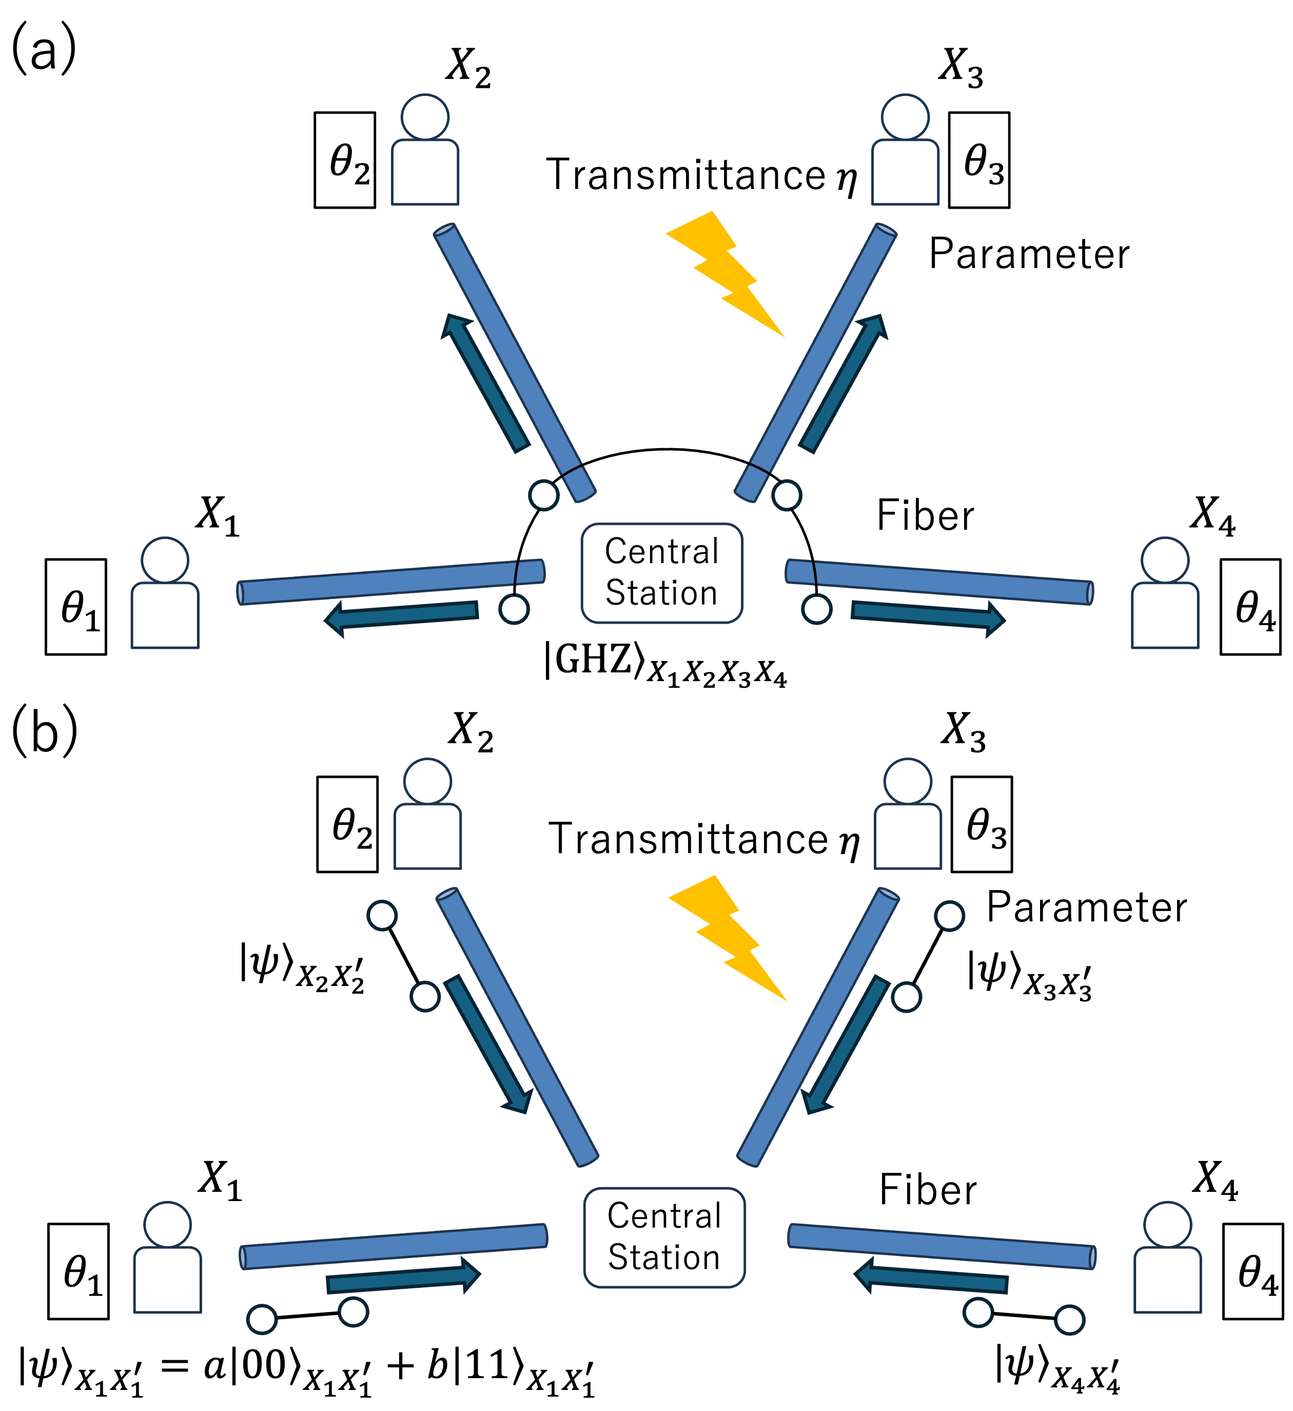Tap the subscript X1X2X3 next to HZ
pos(697,673)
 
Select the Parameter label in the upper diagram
pos(1029,255)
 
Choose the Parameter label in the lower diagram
pos(1087,909)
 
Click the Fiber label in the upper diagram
pos(926,516)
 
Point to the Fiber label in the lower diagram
pos(928,1190)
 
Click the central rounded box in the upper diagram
pos(661,572)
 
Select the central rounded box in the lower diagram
pos(664,1238)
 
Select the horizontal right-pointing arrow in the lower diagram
pos(403,1278)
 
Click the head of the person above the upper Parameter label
pos(906,118)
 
